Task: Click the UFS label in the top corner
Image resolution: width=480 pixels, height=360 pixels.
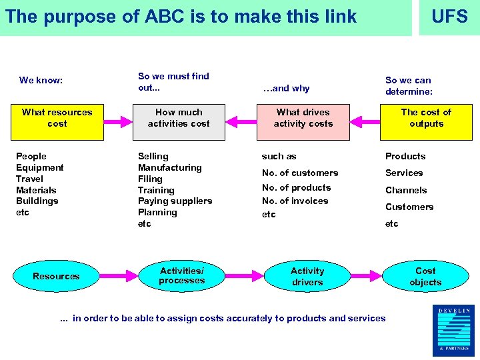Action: pyautogui.click(x=449, y=17)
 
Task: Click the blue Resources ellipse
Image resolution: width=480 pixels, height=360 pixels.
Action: pyautogui.click(x=56, y=276)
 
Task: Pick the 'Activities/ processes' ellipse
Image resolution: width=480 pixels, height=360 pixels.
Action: pyautogui.click(x=182, y=276)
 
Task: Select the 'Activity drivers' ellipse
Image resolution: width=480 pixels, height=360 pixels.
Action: pyautogui.click(x=307, y=276)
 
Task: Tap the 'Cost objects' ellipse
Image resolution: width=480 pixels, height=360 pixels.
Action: pyautogui.click(x=425, y=276)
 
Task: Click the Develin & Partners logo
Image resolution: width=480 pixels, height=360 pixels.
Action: pyautogui.click(x=453, y=330)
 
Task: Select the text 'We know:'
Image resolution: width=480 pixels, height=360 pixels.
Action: pyautogui.click(x=41, y=81)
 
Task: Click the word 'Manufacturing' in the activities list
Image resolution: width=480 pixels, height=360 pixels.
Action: pyautogui.click(x=169, y=167)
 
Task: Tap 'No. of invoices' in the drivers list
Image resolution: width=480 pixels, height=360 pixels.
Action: pyautogui.click(x=295, y=201)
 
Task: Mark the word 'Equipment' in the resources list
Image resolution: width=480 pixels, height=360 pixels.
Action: pyautogui.click(x=40, y=167)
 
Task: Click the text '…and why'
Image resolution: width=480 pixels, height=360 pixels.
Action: pyautogui.click(x=286, y=88)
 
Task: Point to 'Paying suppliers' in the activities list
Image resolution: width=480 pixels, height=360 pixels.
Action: pyautogui.click(x=175, y=201)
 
